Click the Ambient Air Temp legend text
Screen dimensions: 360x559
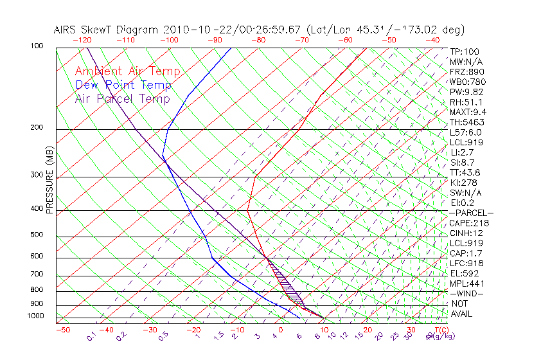127,72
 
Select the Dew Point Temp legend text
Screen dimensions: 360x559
123,85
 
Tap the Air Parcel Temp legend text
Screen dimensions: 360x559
122,99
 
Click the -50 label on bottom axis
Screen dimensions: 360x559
62,330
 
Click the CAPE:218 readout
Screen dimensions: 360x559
468,223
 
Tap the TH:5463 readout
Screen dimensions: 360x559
467,122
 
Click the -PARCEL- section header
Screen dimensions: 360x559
471,213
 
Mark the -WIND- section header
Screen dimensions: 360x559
466,294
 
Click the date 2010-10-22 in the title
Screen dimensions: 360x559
192,30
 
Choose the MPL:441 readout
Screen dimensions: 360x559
466,283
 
